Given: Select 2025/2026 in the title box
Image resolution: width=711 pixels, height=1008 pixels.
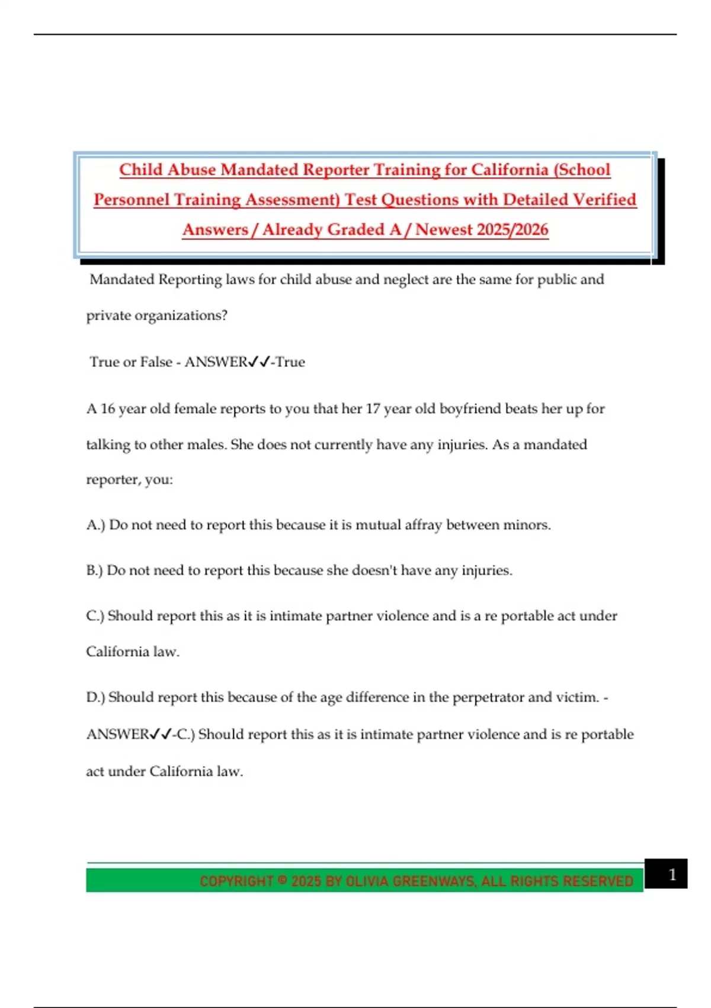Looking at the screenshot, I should (x=513, y=229).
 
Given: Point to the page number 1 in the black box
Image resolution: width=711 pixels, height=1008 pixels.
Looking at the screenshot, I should (x=672, y=875).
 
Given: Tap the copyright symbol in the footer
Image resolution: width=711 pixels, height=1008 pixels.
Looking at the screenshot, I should (x=283, y=881).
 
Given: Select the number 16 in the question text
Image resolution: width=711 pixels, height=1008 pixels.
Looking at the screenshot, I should (x=108, y=409).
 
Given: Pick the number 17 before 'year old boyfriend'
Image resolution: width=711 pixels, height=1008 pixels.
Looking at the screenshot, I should (x=373, y=409).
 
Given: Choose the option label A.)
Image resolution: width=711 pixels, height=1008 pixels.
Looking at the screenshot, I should (x=95, y=525).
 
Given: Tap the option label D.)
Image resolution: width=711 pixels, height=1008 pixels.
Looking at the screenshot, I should (x=95, y=697).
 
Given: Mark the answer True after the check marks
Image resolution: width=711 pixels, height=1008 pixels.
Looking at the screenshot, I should (x=290, y=362).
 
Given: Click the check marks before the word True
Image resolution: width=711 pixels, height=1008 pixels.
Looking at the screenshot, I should (x=260, y=362).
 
